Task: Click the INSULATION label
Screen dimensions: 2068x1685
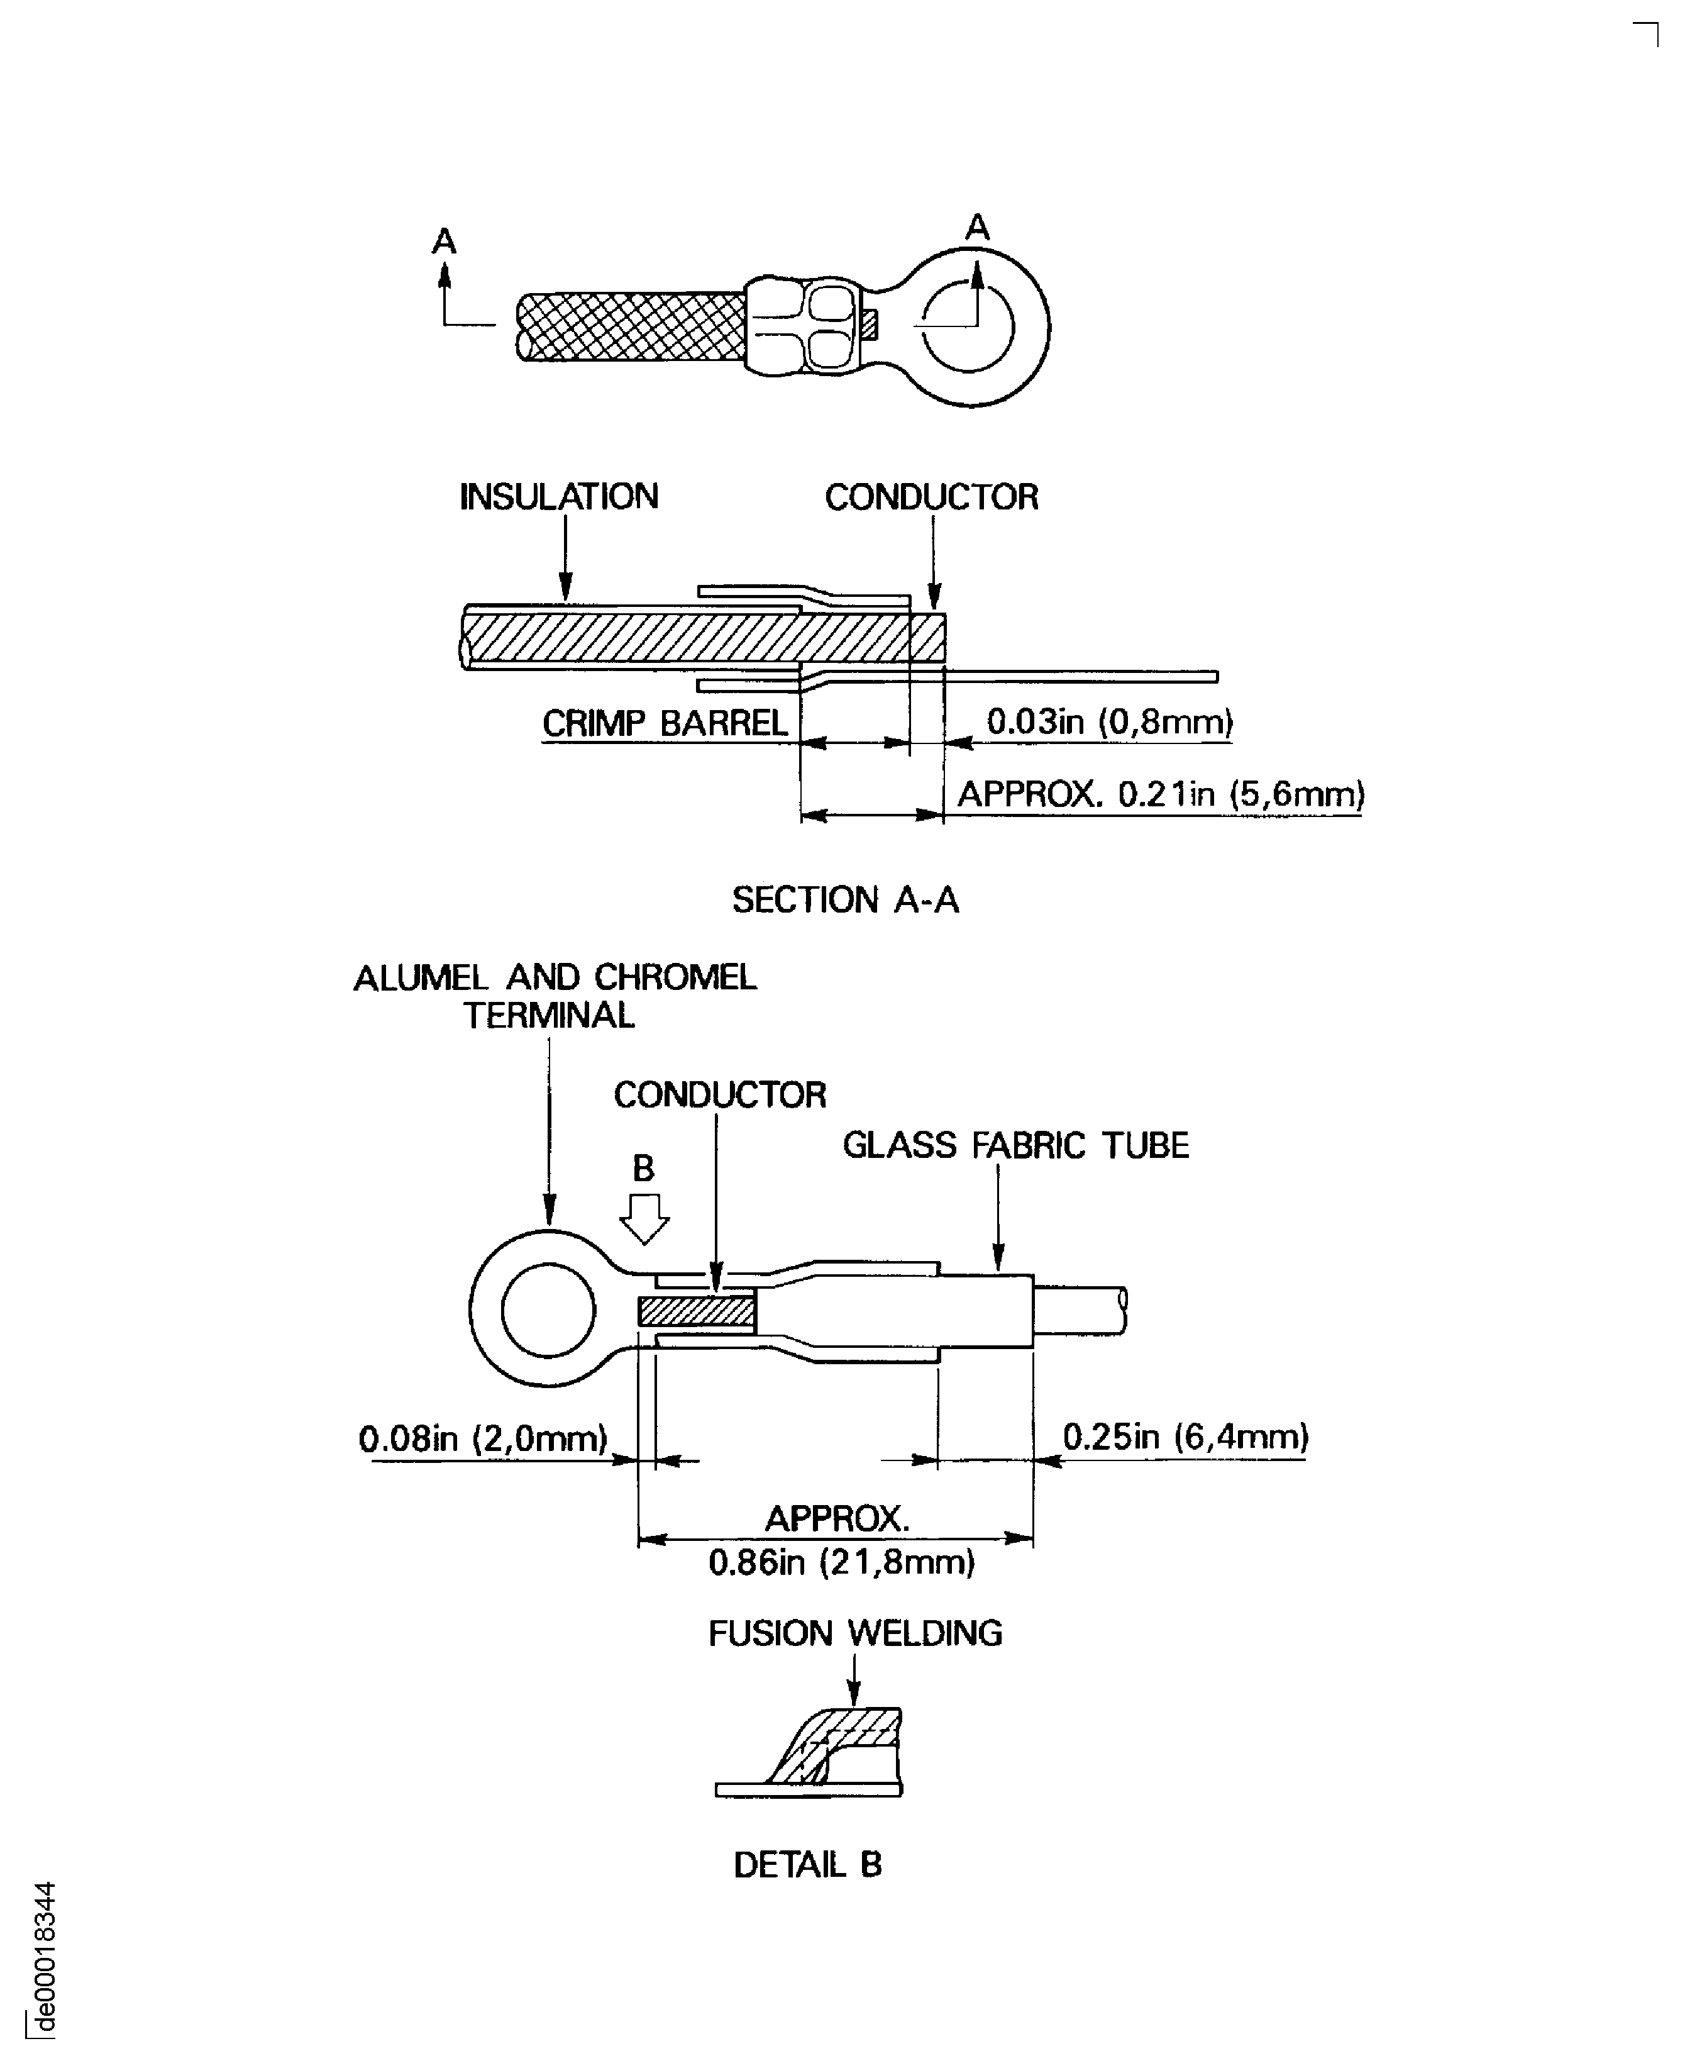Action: (559, 497)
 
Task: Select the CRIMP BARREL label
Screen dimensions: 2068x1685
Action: (665, 723)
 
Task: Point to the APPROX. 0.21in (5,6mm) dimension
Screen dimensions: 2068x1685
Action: (1161, 794)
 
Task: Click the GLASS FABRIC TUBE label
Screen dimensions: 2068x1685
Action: (1015, 1146)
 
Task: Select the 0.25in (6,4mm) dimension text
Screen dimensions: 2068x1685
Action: (1185, 1436)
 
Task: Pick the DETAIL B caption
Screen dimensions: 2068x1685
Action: (807, 1864)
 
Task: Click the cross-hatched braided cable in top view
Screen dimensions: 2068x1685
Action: (631, 326)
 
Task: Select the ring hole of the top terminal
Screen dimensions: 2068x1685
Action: (969, 327)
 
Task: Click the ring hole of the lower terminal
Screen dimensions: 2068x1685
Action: (548, 1309)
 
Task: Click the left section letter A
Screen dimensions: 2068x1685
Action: (444, 241)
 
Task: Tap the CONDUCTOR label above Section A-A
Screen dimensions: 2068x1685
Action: (931, 497)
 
